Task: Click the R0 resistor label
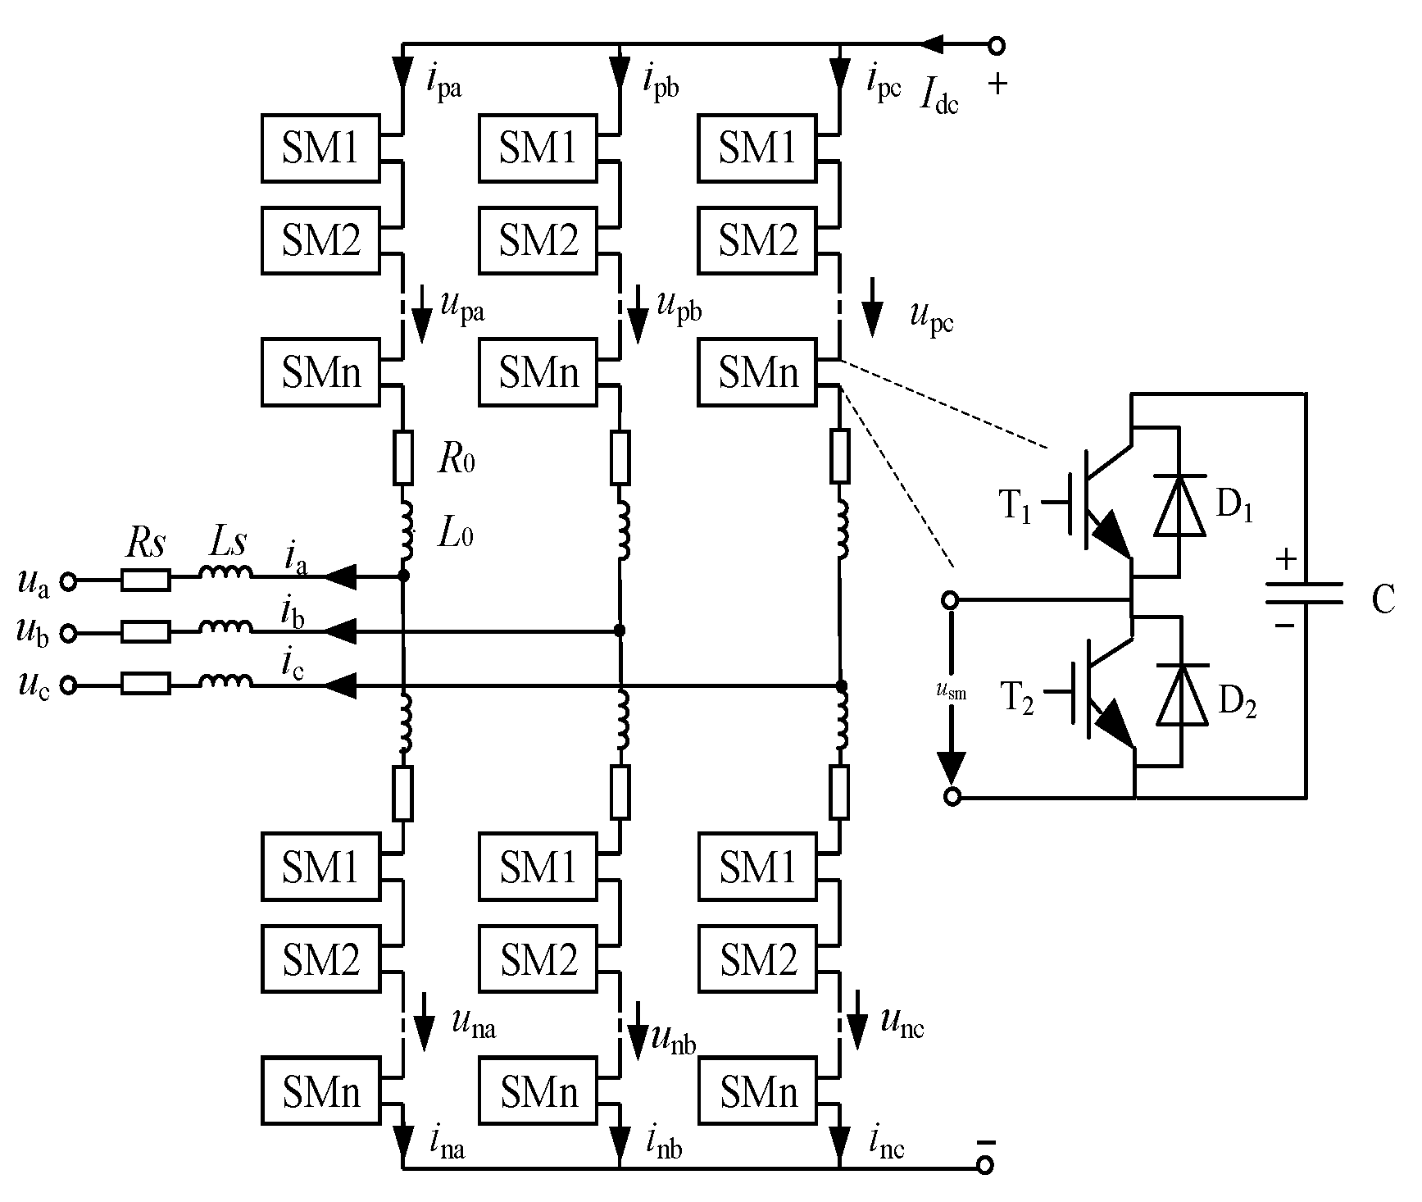pyautogui.click(x=456, y=460)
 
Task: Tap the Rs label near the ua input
pyautogui.click(x=146, y=544)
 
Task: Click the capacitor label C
pyautogui.click(x=1382, y=600)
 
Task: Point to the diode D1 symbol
pyautogui.click(x=1179, y=506)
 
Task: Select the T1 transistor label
pyautogui.click(x=1015, y=508)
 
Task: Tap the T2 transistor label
pyautogui.click(x=1017, y=700)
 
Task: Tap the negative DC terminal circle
pyautogui.click(x=986, y=1164)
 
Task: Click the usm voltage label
pyautogui.click(x=951, y=692)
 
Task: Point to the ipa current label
pyautogui.click(x=443, y=82)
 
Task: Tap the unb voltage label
pyautogui.click(x=673, y=1040)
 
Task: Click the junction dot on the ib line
pyautogui.click(x=620, y=631)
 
